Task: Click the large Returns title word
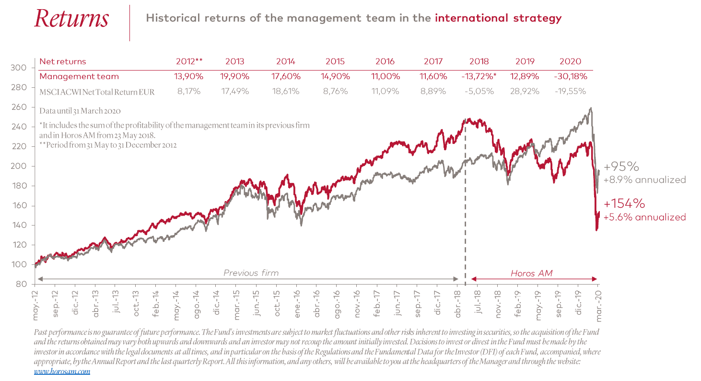click(x=71, y=19)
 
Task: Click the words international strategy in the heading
click(x=498, y=19)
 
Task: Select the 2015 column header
click(x=335, y=61)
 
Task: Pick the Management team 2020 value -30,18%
click(x=570, y=76)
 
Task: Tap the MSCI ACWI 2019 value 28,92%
click(x=525, y=91)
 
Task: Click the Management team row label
click(x=79, y=76)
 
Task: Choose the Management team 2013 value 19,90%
click(x=234, y=76)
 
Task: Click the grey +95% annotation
click(x=621, y=167)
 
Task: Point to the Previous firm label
click(x=251, y=273)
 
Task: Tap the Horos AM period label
click(x=531, y=273)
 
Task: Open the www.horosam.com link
click(x=62, y=371)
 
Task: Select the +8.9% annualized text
click(x=644, y=180)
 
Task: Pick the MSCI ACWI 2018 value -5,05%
click(x=479, y=91)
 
